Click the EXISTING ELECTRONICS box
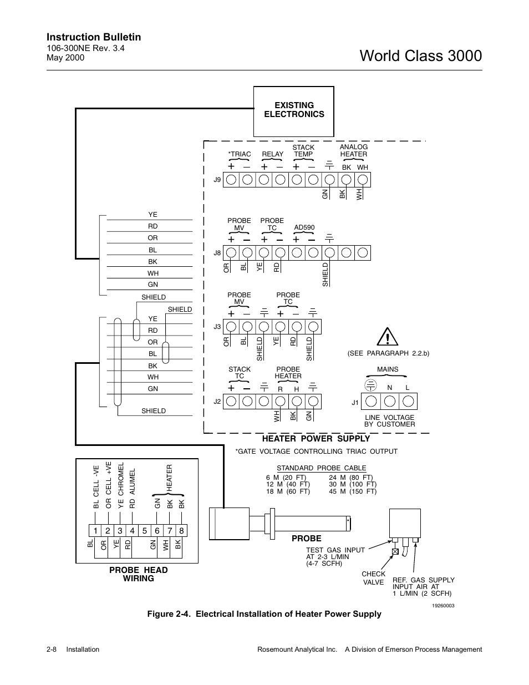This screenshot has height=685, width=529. (x=294, y=111)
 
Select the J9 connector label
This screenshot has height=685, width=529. (x=217, y=180)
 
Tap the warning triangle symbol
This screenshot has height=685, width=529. (x=388, y=337)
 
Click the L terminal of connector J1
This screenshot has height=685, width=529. (x=408, y=401)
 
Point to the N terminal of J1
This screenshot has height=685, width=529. (x=390, y=401)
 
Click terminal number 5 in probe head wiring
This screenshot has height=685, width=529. (x=145, y=531)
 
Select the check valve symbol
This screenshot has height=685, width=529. (x=395, y=551)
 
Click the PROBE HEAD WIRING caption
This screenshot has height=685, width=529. (x=138, y=574)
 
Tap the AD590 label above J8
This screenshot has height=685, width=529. (x=304, y=227)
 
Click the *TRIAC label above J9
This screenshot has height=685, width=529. (x=240, y=154)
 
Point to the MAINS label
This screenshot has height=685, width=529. (x=388, y=369)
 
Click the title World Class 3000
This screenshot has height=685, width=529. (x=421, y=55)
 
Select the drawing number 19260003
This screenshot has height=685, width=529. (x=443, y=606)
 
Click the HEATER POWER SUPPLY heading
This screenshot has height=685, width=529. (x=316, y=439)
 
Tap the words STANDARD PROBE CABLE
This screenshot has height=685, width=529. (x=322, y=468)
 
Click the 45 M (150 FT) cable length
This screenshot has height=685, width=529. (x=353, y=491)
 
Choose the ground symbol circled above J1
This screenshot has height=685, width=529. (x=371, y=385)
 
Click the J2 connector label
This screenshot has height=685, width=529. (x=217, y=402)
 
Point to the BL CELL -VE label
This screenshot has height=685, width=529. (x=96, y=487)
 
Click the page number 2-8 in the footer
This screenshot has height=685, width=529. (x=52, y=650)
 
